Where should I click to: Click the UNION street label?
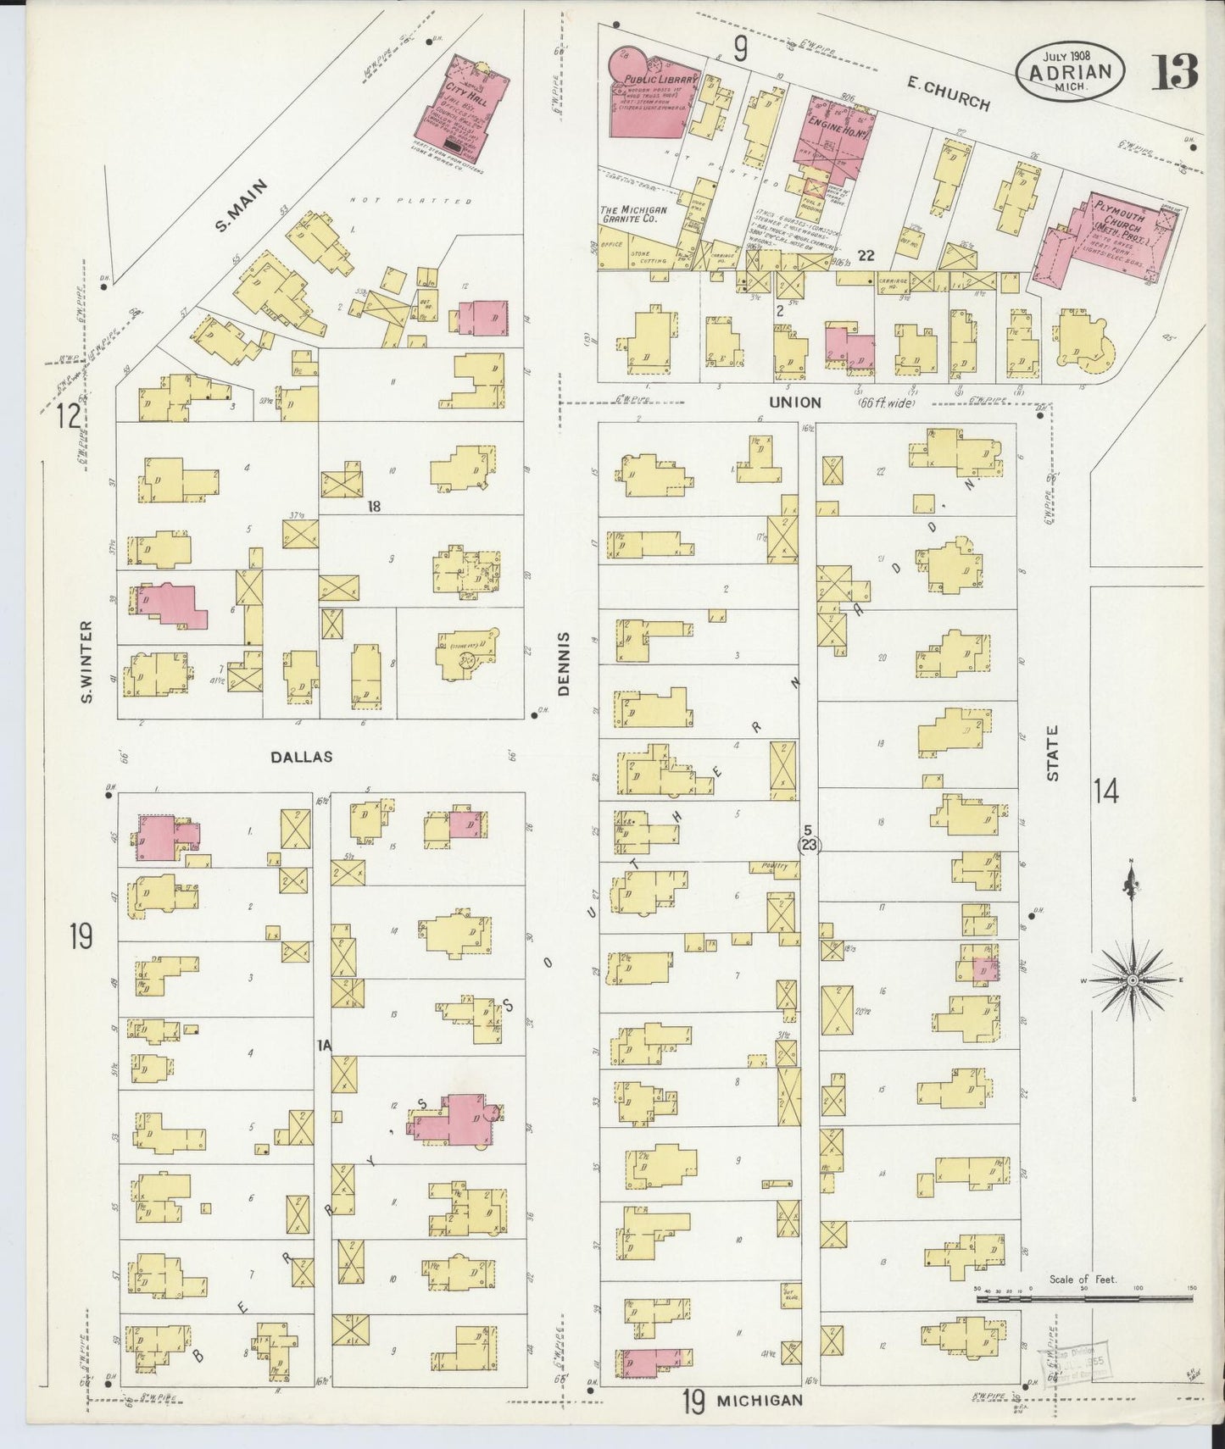click(795, 402)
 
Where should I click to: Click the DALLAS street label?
click(301, 757)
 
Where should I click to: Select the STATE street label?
click(1053, 752)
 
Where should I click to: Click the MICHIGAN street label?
click(760, 1400)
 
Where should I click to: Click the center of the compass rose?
click(1131, 980)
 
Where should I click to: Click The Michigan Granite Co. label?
click(633, 214)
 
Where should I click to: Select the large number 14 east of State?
click(1105, 793)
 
